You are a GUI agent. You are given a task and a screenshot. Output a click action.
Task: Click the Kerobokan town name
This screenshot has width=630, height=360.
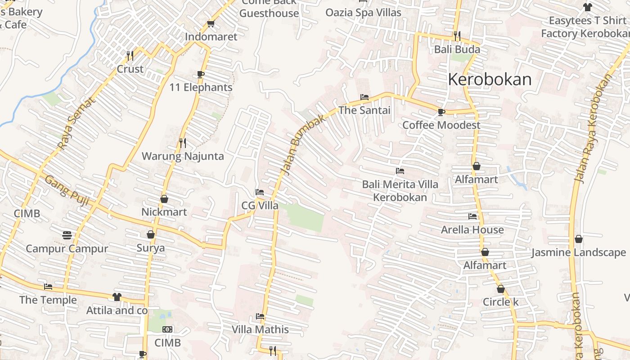tap(490, 80)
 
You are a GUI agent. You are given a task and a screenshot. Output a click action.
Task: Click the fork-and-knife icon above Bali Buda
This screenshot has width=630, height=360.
tap(457, 35)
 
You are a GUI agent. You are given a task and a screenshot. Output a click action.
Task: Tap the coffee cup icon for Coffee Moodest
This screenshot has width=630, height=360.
tap(441, 112)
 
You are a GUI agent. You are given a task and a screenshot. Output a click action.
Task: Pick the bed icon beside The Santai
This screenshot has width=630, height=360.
tap(364, 97)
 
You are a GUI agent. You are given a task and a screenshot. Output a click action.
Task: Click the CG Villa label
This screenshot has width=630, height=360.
tap(260, 206)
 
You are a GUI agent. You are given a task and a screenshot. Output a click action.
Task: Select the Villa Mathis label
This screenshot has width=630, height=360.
tap(260, 329)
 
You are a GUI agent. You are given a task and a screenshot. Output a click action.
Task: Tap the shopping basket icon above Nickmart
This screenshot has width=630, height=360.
tap(164, 198)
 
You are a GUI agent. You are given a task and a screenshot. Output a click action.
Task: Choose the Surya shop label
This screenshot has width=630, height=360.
tap(151, 248)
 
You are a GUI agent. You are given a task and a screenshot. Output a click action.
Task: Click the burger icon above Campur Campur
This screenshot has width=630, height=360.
tap(67, 235)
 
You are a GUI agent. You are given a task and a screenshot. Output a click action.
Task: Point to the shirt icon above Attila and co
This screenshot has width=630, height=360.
tap(117, 297)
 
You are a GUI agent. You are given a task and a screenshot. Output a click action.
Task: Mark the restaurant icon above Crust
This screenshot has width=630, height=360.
tap(130, 56)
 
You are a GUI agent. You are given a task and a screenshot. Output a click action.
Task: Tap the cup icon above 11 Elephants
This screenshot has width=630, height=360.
tap(201, 74)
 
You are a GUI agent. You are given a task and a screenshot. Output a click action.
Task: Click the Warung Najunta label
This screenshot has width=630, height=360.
tap(183, 156)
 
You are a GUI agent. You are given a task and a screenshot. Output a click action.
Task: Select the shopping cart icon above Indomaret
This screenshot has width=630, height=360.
tap(211, 23)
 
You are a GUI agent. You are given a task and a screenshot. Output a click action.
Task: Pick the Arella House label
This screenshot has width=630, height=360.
tap(472, 229)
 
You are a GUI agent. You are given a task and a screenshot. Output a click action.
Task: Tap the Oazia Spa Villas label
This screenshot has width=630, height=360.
tap(363, 12)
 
